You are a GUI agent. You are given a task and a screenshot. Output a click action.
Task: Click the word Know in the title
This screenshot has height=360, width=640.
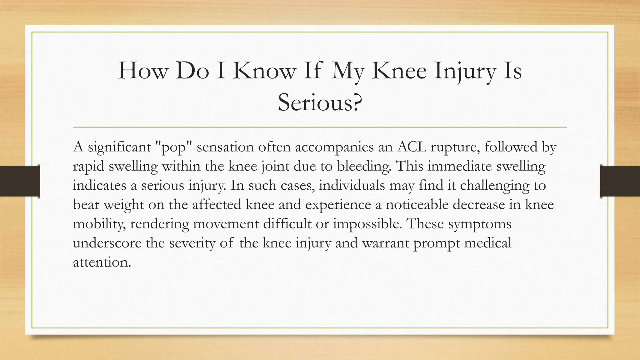pos(264,71)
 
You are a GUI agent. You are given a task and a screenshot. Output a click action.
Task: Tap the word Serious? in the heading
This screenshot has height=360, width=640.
pos(320,102)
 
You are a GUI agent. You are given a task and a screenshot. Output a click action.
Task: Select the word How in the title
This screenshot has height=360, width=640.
pos(142,71)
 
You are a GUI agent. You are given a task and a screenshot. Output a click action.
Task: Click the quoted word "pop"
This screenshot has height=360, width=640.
pos(174,147)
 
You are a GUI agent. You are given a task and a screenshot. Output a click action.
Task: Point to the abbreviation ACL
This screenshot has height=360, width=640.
pos(412,147)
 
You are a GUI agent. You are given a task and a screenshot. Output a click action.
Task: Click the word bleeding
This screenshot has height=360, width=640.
pos(364,166)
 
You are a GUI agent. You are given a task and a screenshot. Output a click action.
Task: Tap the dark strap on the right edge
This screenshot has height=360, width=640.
pos(620,181)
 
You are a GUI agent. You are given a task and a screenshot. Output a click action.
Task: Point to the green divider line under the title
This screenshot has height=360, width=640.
pos(320,127)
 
